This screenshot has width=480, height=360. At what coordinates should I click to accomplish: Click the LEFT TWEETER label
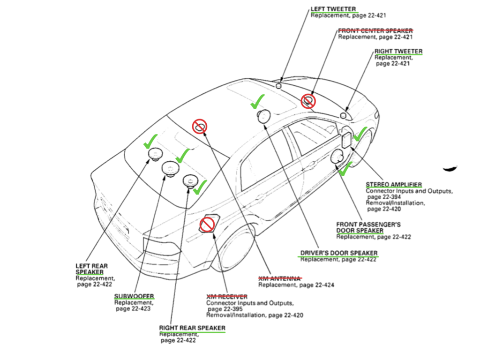pos(333,9)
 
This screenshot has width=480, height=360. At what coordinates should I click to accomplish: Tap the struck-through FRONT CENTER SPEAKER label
pos(375,30)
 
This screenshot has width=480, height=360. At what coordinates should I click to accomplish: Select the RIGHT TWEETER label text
pos(398,51)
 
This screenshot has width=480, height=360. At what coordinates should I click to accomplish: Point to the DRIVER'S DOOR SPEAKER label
pos(339,253)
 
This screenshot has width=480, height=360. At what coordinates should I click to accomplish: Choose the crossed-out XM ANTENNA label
pos(280,278)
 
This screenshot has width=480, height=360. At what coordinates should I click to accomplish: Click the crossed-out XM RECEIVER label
pos(227,297)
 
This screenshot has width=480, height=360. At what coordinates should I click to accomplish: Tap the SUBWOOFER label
pos(134,297)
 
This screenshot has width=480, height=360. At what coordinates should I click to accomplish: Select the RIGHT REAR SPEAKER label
pos(192,328)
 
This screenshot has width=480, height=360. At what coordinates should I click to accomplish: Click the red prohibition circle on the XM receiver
pos(207,225)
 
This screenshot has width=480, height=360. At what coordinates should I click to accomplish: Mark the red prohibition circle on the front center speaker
pos(308,100)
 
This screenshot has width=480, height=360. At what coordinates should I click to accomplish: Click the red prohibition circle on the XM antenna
pos(199,126)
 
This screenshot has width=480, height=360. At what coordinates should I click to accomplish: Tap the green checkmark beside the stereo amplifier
pos(360,135)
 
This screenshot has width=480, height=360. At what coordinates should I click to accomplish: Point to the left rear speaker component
pos(154,154)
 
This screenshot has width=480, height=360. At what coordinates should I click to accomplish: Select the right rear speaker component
pos(190,181)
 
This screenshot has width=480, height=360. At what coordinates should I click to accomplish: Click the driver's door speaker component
pos(264,116)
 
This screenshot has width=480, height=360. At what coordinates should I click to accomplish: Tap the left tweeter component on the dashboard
pos(278,85)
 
